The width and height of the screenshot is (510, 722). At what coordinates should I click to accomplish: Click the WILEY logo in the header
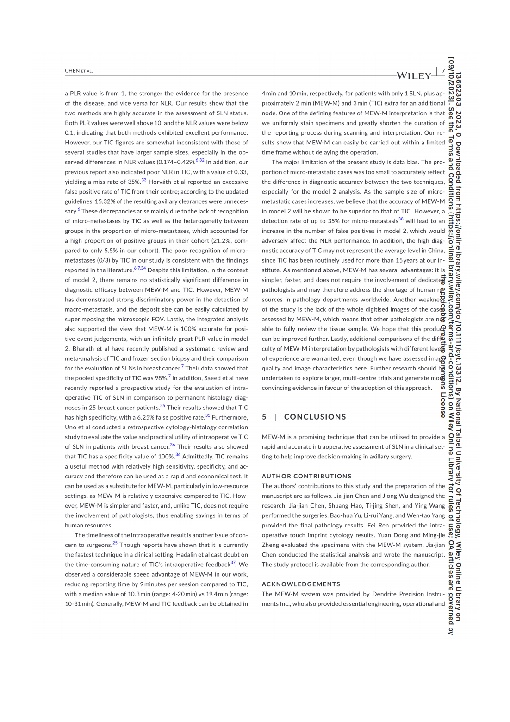pyautogui.click(x=414, y=75)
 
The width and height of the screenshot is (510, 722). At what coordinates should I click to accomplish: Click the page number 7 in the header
pyautogui.click(x=443, y=71)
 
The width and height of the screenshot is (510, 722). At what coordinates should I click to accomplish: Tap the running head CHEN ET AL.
pyautogui.click(x=79, y=71)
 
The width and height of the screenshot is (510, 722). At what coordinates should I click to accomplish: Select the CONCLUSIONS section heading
pyautogui.click(x=315, y=417)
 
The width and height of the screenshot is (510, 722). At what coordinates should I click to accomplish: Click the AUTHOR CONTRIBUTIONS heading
pyautogui.click(x=306, y=476)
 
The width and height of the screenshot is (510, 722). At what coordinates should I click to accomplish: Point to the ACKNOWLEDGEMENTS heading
pyautogui.click(x=301, y=584)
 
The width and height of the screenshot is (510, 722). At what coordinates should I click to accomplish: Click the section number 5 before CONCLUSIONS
pyautogui.click(x=264, y=417)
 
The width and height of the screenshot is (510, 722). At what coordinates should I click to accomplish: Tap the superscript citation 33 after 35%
pyautogui.click(x=144, y=180)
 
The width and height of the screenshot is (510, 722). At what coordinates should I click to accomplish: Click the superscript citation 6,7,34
pyautogui.click(x=140, y=269)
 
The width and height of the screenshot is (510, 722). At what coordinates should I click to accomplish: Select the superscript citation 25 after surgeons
pyautogui.click(x=115, y=543)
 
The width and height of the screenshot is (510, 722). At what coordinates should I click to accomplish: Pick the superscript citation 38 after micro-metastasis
pyautogui.click(x=401, y=220)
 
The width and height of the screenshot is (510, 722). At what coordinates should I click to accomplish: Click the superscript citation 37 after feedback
pyautogui.click(x=233, y=563)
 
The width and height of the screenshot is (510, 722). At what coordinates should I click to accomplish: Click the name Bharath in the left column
pyautogui.click(x=83, y=349)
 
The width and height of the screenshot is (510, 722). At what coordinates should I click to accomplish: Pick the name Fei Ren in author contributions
pyautogui.click(x=377, y=526)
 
